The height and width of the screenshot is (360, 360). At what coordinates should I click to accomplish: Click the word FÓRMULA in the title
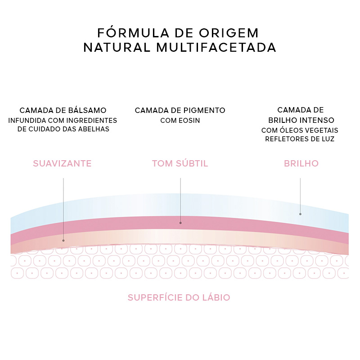(133, 32)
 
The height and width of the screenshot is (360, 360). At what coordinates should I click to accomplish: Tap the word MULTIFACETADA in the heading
(216, 48)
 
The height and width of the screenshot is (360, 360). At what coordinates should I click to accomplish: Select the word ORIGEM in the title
(229, 33)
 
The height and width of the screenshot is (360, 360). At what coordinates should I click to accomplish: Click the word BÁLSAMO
(87, 110)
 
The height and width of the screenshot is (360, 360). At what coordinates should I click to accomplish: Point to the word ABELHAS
(94, 129)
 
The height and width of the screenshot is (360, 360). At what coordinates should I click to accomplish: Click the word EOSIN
(190, 121)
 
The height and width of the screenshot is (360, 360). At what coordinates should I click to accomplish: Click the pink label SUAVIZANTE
(62, 163)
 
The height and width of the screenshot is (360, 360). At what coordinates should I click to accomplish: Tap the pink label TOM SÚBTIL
(180, 163)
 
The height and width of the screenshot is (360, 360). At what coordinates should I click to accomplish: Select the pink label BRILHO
(301, 163)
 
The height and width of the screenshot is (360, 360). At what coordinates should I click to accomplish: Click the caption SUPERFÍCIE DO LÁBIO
(179, 297)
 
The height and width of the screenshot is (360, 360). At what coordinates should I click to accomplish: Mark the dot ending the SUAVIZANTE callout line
(63, 241)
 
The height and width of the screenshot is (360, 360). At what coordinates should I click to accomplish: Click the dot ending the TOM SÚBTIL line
(180, 223)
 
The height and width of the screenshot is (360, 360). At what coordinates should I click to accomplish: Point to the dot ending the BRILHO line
(300, 214)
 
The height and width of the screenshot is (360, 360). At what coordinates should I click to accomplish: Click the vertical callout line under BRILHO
(300, 196)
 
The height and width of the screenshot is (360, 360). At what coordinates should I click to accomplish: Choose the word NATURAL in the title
(117, 48)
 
